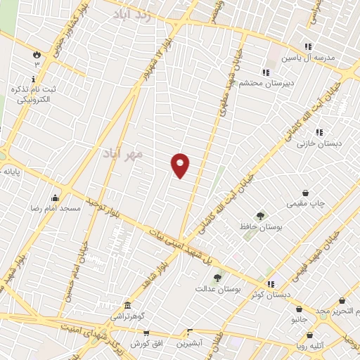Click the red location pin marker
coord(180,165)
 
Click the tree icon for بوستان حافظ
coord(261,216)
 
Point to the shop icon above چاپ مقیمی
coord(306,193)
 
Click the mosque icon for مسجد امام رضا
coord(55,198)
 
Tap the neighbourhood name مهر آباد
coord(122,152)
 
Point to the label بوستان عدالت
coord(218,288)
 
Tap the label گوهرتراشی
coord(127,317)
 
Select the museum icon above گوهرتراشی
coord(127,306)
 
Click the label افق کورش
coord(147,344)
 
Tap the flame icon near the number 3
coord(36,53)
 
